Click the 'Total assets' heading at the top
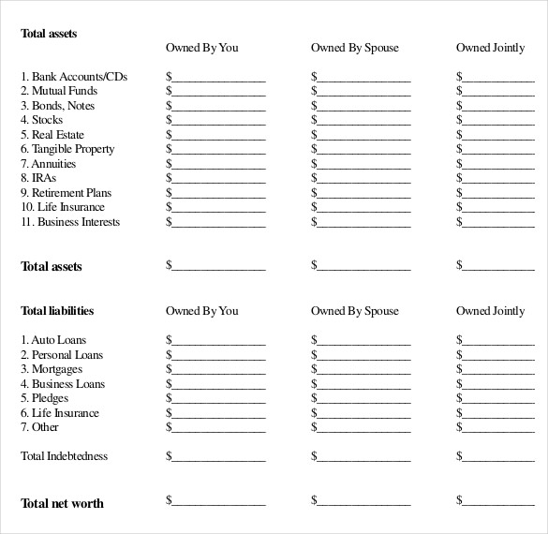point(49,34)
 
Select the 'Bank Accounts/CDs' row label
point(74,77)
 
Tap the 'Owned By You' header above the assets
point(202,48)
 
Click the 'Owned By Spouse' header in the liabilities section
point(355,311)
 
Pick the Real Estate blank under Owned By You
point(217,136)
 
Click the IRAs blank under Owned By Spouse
point(363,179)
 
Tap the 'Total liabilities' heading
point(57,311)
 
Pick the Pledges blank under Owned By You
point(217,399)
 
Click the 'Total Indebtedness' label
point(64,456)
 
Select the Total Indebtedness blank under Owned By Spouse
point(363,457)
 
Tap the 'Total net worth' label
point(62,503)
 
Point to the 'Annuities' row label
point(54,164)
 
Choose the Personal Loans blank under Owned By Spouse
point(363,356)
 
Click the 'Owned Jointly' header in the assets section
point(491,48)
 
